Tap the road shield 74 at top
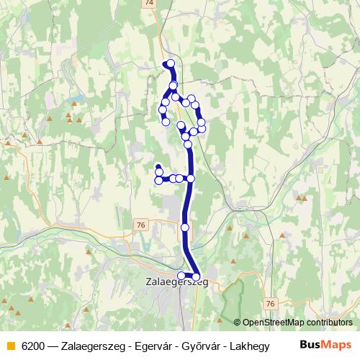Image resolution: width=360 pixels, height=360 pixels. point(149,4)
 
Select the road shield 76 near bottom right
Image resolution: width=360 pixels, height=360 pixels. point(269,304)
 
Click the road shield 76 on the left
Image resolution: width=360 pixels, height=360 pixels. point(140,225)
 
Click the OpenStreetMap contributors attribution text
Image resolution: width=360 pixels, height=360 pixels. point(297,323)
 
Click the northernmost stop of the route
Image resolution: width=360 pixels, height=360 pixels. point(171,64)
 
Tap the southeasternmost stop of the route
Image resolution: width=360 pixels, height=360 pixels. point(196,276)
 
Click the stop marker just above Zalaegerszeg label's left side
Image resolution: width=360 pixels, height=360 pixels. point(181,275)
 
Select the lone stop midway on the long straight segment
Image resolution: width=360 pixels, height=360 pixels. point(185,228)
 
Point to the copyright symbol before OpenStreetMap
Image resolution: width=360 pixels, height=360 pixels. point(238,323)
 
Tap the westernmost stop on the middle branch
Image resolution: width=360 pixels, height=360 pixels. point(158,180)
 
